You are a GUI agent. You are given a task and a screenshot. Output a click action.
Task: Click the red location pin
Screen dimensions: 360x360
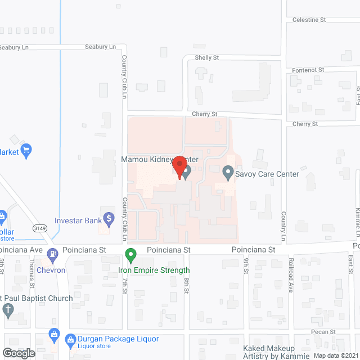click(x=179, y=167)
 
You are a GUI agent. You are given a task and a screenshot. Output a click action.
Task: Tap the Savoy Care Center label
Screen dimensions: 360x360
click(x=267, y=174)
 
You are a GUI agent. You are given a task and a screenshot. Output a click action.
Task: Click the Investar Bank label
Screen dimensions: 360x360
click(x=78, y=220)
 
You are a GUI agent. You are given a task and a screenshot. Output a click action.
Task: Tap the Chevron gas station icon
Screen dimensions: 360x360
click(x=52, y=254)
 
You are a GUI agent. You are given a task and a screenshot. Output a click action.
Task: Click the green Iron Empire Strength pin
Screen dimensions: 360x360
click(x=130, y=256)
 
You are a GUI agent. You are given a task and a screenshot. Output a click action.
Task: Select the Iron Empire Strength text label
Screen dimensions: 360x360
click(x=154, y=270)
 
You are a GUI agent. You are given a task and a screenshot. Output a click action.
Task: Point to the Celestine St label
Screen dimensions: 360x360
click(x=309, y=20)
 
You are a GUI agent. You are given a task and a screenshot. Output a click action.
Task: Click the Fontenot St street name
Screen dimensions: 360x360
click(x=308, y=70)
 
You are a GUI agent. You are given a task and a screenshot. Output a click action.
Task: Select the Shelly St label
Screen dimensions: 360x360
click(x=206, y=57)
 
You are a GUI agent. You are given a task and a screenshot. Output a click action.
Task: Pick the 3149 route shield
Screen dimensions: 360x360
click(x=39, y=228)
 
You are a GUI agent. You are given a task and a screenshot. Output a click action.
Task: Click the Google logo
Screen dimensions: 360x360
click(x=18, y=353)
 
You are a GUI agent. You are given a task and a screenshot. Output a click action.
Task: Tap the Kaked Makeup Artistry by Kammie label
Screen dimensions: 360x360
click(x=276, y=352)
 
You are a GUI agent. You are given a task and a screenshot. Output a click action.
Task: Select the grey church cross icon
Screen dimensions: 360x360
click(x=8, y=309)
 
